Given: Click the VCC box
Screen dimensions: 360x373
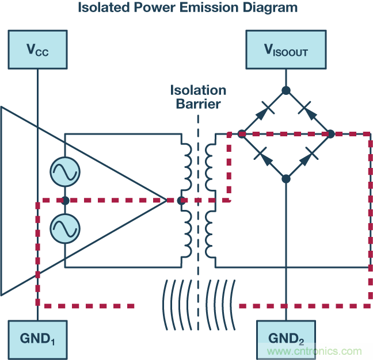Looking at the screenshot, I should [x=37, y=49].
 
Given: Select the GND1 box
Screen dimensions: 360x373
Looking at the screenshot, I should [x=37, y=339].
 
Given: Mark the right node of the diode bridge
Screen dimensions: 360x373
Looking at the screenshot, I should [x=330, y=134].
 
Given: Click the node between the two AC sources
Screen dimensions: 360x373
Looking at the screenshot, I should [x=65, y=200].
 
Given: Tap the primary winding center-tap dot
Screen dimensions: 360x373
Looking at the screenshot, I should [x=181, y=201].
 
